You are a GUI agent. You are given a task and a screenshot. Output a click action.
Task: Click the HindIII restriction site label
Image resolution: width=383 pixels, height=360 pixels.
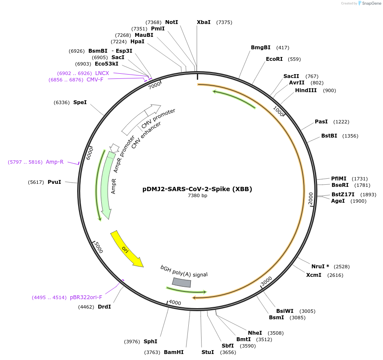[306, 90]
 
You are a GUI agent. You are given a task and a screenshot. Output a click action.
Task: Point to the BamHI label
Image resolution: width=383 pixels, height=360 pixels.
[174, 352]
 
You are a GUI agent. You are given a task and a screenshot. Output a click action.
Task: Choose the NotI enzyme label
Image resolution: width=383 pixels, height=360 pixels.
[172, 22]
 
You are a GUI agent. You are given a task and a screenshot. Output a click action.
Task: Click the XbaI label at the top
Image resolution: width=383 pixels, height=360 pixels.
[204, 22]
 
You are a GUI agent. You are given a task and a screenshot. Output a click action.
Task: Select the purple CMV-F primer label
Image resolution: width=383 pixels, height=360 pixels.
[95, 80]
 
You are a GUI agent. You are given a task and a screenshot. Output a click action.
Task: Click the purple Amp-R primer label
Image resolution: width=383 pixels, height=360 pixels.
[54, 162]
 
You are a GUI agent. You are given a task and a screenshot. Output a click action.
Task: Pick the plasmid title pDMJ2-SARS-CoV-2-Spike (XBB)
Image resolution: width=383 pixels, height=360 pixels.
[197, 189]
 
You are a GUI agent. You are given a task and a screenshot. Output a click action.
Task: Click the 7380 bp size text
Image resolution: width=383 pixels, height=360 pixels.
[197, 196]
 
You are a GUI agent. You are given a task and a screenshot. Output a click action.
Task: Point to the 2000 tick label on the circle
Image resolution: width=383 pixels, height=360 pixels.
[311, 198]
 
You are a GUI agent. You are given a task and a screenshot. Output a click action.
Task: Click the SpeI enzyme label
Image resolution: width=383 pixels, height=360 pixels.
[80, 102]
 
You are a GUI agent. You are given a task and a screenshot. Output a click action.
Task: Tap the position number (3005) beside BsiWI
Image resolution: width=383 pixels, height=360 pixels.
[308, 311]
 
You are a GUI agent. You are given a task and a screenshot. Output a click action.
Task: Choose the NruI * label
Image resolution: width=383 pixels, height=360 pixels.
[320, 267]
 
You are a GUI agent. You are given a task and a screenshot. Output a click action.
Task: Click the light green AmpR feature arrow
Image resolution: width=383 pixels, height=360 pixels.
[106, 184]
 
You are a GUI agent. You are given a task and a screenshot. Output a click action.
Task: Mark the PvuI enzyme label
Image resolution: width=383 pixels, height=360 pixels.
[54, 182]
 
